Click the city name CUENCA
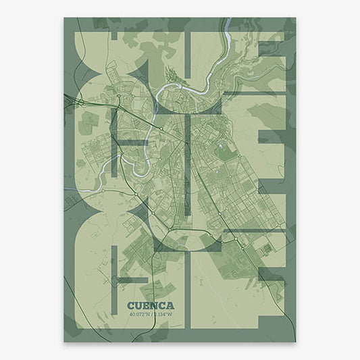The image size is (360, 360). click(x=150, y=286)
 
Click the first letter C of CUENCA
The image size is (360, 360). click(x=130, y=286)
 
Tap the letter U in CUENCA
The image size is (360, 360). click(x=138, y=286)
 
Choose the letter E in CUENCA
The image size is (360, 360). click(x=146, y=286)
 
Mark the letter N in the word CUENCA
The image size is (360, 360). click(x=153, y=286)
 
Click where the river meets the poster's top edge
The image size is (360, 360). click(x=229, y=19)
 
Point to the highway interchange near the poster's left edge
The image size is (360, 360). click(x=80, y=102)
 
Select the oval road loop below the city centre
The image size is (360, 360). click(x=192, y=236)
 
